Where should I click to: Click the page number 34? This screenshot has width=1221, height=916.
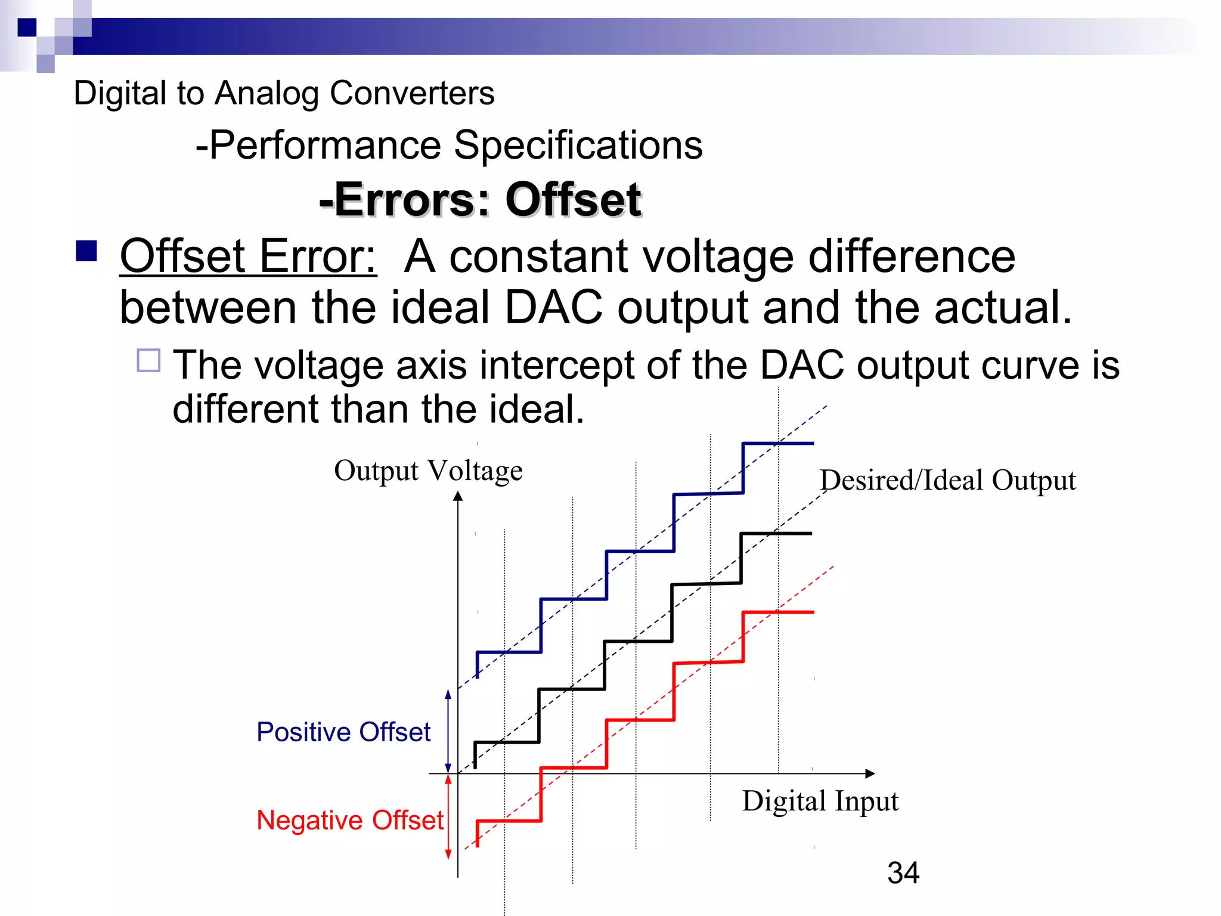tap(903, 872)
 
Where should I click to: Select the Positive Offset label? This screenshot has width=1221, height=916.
tap(343, 732)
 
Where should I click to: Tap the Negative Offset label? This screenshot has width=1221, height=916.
tap(350, 820)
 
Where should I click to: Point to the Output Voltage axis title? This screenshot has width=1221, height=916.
tap(428, 471)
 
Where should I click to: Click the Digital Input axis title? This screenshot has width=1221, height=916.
tap(820, 801)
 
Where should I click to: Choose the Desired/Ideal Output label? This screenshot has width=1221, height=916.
tap(947, 480)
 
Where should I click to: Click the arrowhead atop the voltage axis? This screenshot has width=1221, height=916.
tap(458, 496)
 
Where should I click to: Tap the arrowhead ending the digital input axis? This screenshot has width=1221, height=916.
tap(870, 773)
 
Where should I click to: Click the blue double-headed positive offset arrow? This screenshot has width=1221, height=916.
tap(448, 731)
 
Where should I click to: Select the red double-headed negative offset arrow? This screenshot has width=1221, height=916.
tap(448, 817)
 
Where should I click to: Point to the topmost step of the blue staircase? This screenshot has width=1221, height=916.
tap(778, 444)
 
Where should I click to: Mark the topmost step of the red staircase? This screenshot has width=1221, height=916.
tap(778, 612)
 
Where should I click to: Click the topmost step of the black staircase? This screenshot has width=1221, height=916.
tap(776, 534)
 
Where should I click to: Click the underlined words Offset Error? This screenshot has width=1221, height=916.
tap(248, 256)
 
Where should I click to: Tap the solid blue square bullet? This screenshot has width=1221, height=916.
tap(86, 251)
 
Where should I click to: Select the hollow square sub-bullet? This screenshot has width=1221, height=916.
tap(148, 360)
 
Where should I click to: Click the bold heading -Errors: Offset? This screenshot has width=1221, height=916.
tap(480, 199)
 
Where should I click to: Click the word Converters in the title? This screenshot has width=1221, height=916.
tap(412, 93)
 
